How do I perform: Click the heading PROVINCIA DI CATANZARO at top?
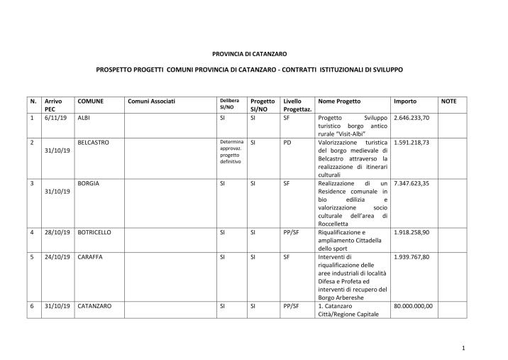pyautogui.click(x=249, y=53)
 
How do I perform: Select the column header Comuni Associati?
pyautogui.click(x=151, y=102)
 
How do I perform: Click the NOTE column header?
pyautogui.click(x=448, y=102)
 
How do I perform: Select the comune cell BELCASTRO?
pyautogui.click(x=94, y=142)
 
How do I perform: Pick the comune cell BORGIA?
pyautogui.click(x=88, y=183)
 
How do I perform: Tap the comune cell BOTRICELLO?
pyautogui.click(x=94, y=232)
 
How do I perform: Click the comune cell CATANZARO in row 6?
pyautogui.click(x=94, y=306)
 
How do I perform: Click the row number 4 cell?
pyautogui.click(x=33, y=232)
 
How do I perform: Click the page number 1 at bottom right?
pyautogui.click(x=463, y=348)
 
